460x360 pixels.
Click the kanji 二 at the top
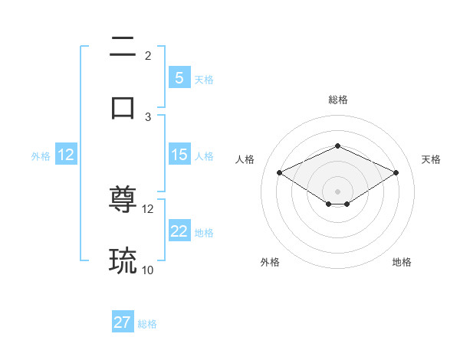click(x=123, y=48)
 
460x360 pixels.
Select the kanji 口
click(x=123, y=106)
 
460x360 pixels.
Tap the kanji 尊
click(x=123, y=201)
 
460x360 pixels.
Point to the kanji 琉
click(x=123, y=261)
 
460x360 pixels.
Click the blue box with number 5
click(x=179, y=78)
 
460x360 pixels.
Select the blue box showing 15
click(x=179, y=155)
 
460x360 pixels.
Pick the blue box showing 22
click(x=179, y=231)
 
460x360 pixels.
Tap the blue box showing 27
click(x=123, y=322)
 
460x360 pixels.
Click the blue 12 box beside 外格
click(x=65, y=155)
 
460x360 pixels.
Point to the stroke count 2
click(x=148, y=56)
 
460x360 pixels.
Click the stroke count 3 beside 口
click(x=148, y=116)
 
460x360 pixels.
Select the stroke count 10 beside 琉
click(x=148, y=270)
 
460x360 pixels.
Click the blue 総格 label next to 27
click(x=147, y=324)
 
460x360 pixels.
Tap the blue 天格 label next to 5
click(x=204, y=80)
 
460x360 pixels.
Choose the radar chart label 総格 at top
click(x=337, y=100)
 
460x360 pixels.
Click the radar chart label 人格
click(x=245, y=159)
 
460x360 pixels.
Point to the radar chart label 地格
click(x=402, y=262)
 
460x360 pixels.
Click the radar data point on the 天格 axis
click(x=396, y=172)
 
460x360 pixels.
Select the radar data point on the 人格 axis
click(x=279, y=172)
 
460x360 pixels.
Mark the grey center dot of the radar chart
click(x=337, y=191)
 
